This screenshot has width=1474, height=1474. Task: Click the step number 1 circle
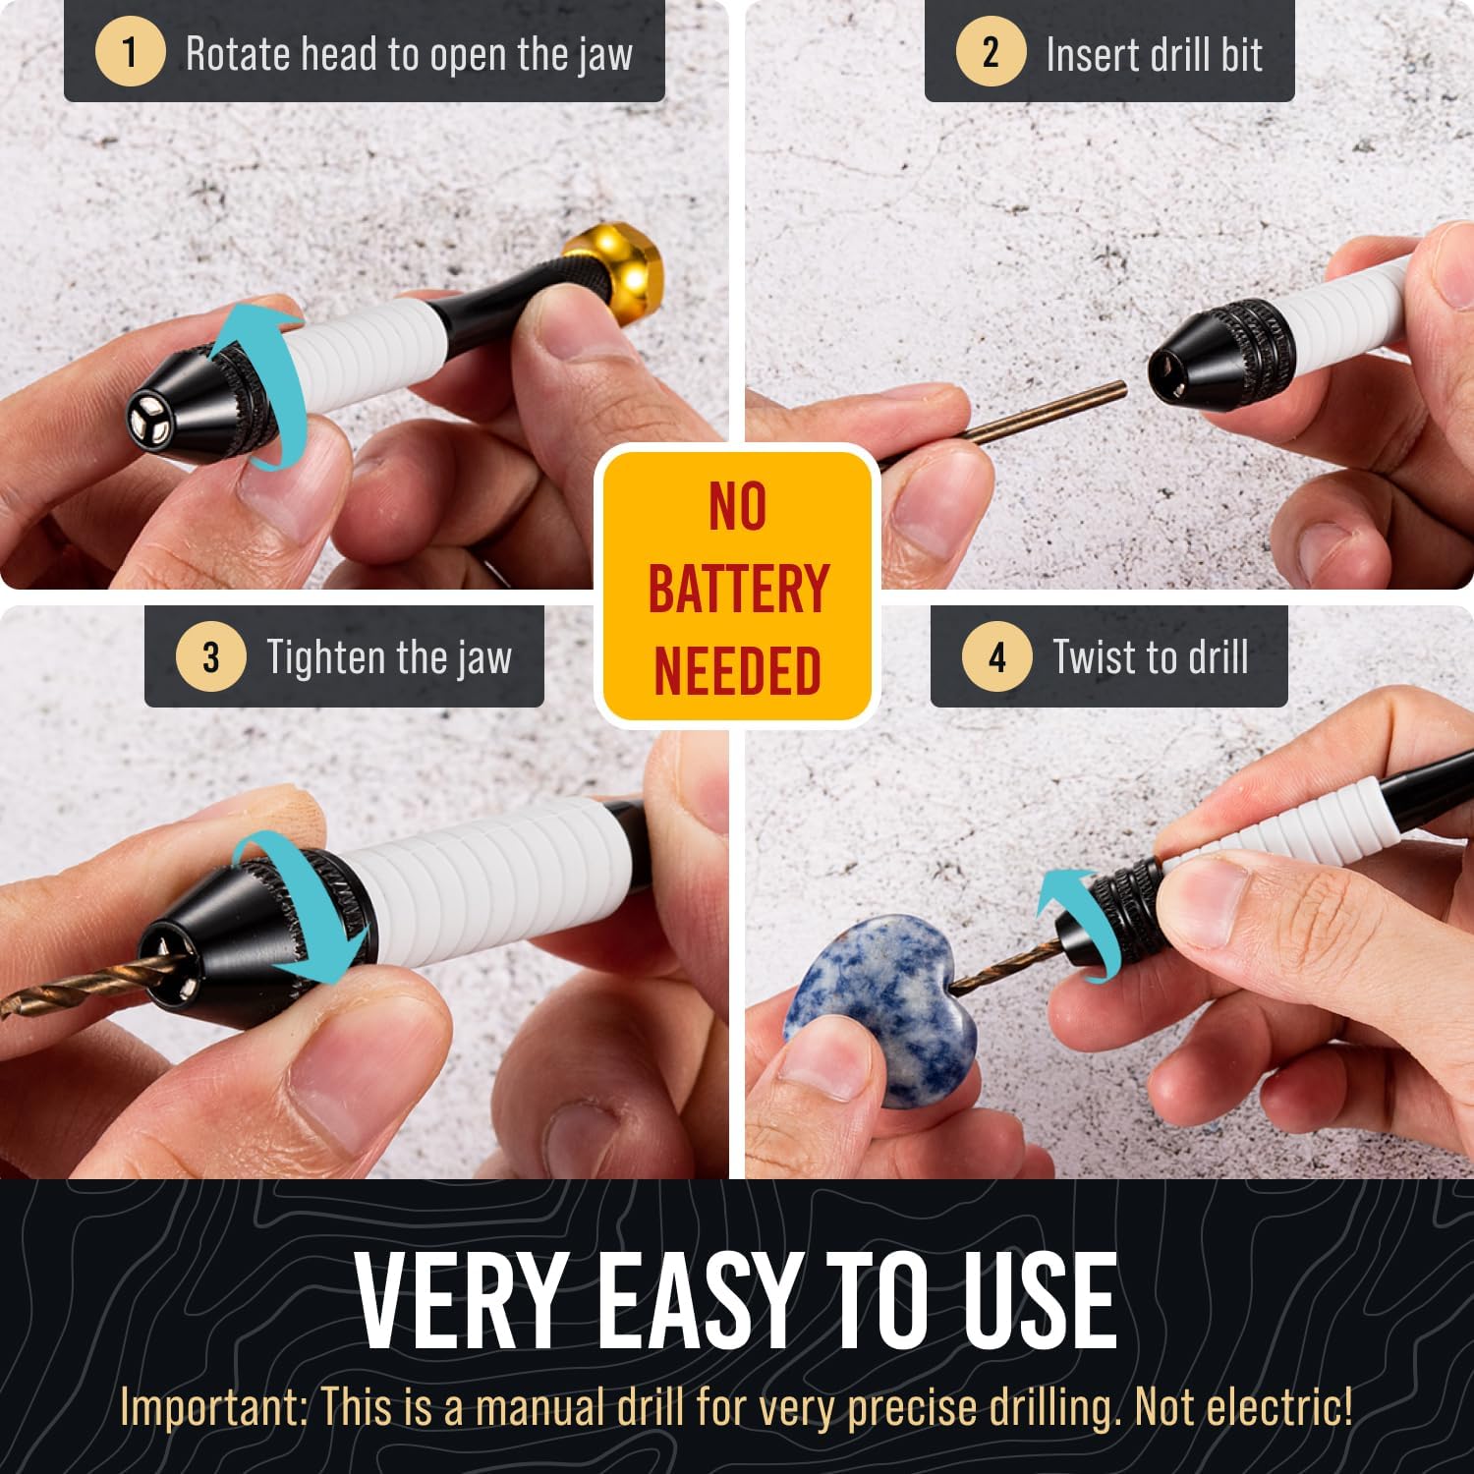pos(129,52)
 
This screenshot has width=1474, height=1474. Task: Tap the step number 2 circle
pos(990,52)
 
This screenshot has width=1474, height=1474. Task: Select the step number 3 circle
pos(210,656)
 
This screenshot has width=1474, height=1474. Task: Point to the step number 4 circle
pos(996,656)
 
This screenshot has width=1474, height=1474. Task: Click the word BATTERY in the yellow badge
pos(738,589)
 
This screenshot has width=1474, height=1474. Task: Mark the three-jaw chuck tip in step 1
pos(149,417)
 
